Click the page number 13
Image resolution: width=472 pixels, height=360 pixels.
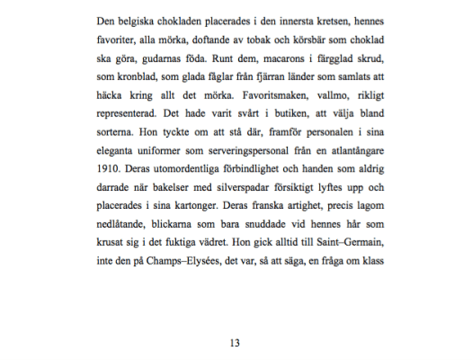pos(236,343)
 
